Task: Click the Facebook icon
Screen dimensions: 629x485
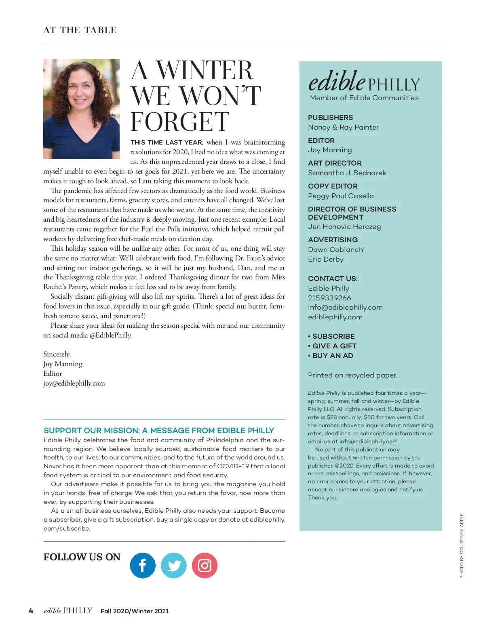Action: pos(142,565)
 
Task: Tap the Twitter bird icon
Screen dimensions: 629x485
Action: pos(174,565)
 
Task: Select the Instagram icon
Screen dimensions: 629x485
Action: pos(205,565)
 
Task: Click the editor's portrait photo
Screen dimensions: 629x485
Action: pos(81,109)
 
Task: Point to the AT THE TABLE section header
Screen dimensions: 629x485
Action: pos(80,30)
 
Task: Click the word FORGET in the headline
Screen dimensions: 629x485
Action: pos(180,122)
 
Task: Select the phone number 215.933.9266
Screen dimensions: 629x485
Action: pos(329,298)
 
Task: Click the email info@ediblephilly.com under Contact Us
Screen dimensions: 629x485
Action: pos(345,307)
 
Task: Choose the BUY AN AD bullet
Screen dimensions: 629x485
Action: pos(333,356)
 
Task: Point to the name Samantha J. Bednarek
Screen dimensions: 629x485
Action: pos(347,173)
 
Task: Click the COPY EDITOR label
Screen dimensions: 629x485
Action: pos(333,186)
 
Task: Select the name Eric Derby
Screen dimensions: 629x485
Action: pos(325,259)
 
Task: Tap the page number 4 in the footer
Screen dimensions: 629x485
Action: pos(31,611)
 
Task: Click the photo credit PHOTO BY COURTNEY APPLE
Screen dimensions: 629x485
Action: pos(462,545)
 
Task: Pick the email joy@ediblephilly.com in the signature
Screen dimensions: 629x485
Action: pos(74,383)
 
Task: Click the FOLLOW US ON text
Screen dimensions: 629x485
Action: pos(82,557)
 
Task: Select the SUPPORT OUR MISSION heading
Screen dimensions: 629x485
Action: pos(159,430)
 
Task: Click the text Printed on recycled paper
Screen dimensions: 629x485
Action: pos(352,375)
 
